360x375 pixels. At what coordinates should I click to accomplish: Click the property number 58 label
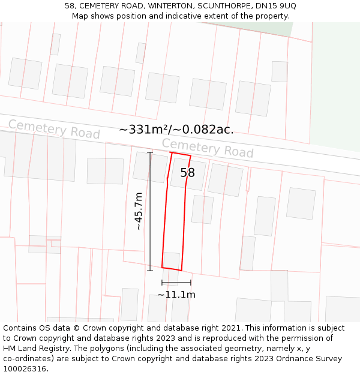point(188,173)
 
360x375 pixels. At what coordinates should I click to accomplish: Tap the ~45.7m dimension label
point(139,211)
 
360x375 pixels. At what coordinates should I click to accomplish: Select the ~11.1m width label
point(176,295)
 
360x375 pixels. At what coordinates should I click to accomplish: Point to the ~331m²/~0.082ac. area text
point(176,130)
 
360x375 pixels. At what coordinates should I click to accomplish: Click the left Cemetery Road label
point(54,129)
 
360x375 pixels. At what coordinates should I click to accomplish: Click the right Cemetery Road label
point(208,148)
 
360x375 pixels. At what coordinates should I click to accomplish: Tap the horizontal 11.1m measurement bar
point(176,283)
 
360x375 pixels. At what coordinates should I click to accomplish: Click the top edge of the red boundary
point(181,155)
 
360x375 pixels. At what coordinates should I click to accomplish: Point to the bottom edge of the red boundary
point(172,269)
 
